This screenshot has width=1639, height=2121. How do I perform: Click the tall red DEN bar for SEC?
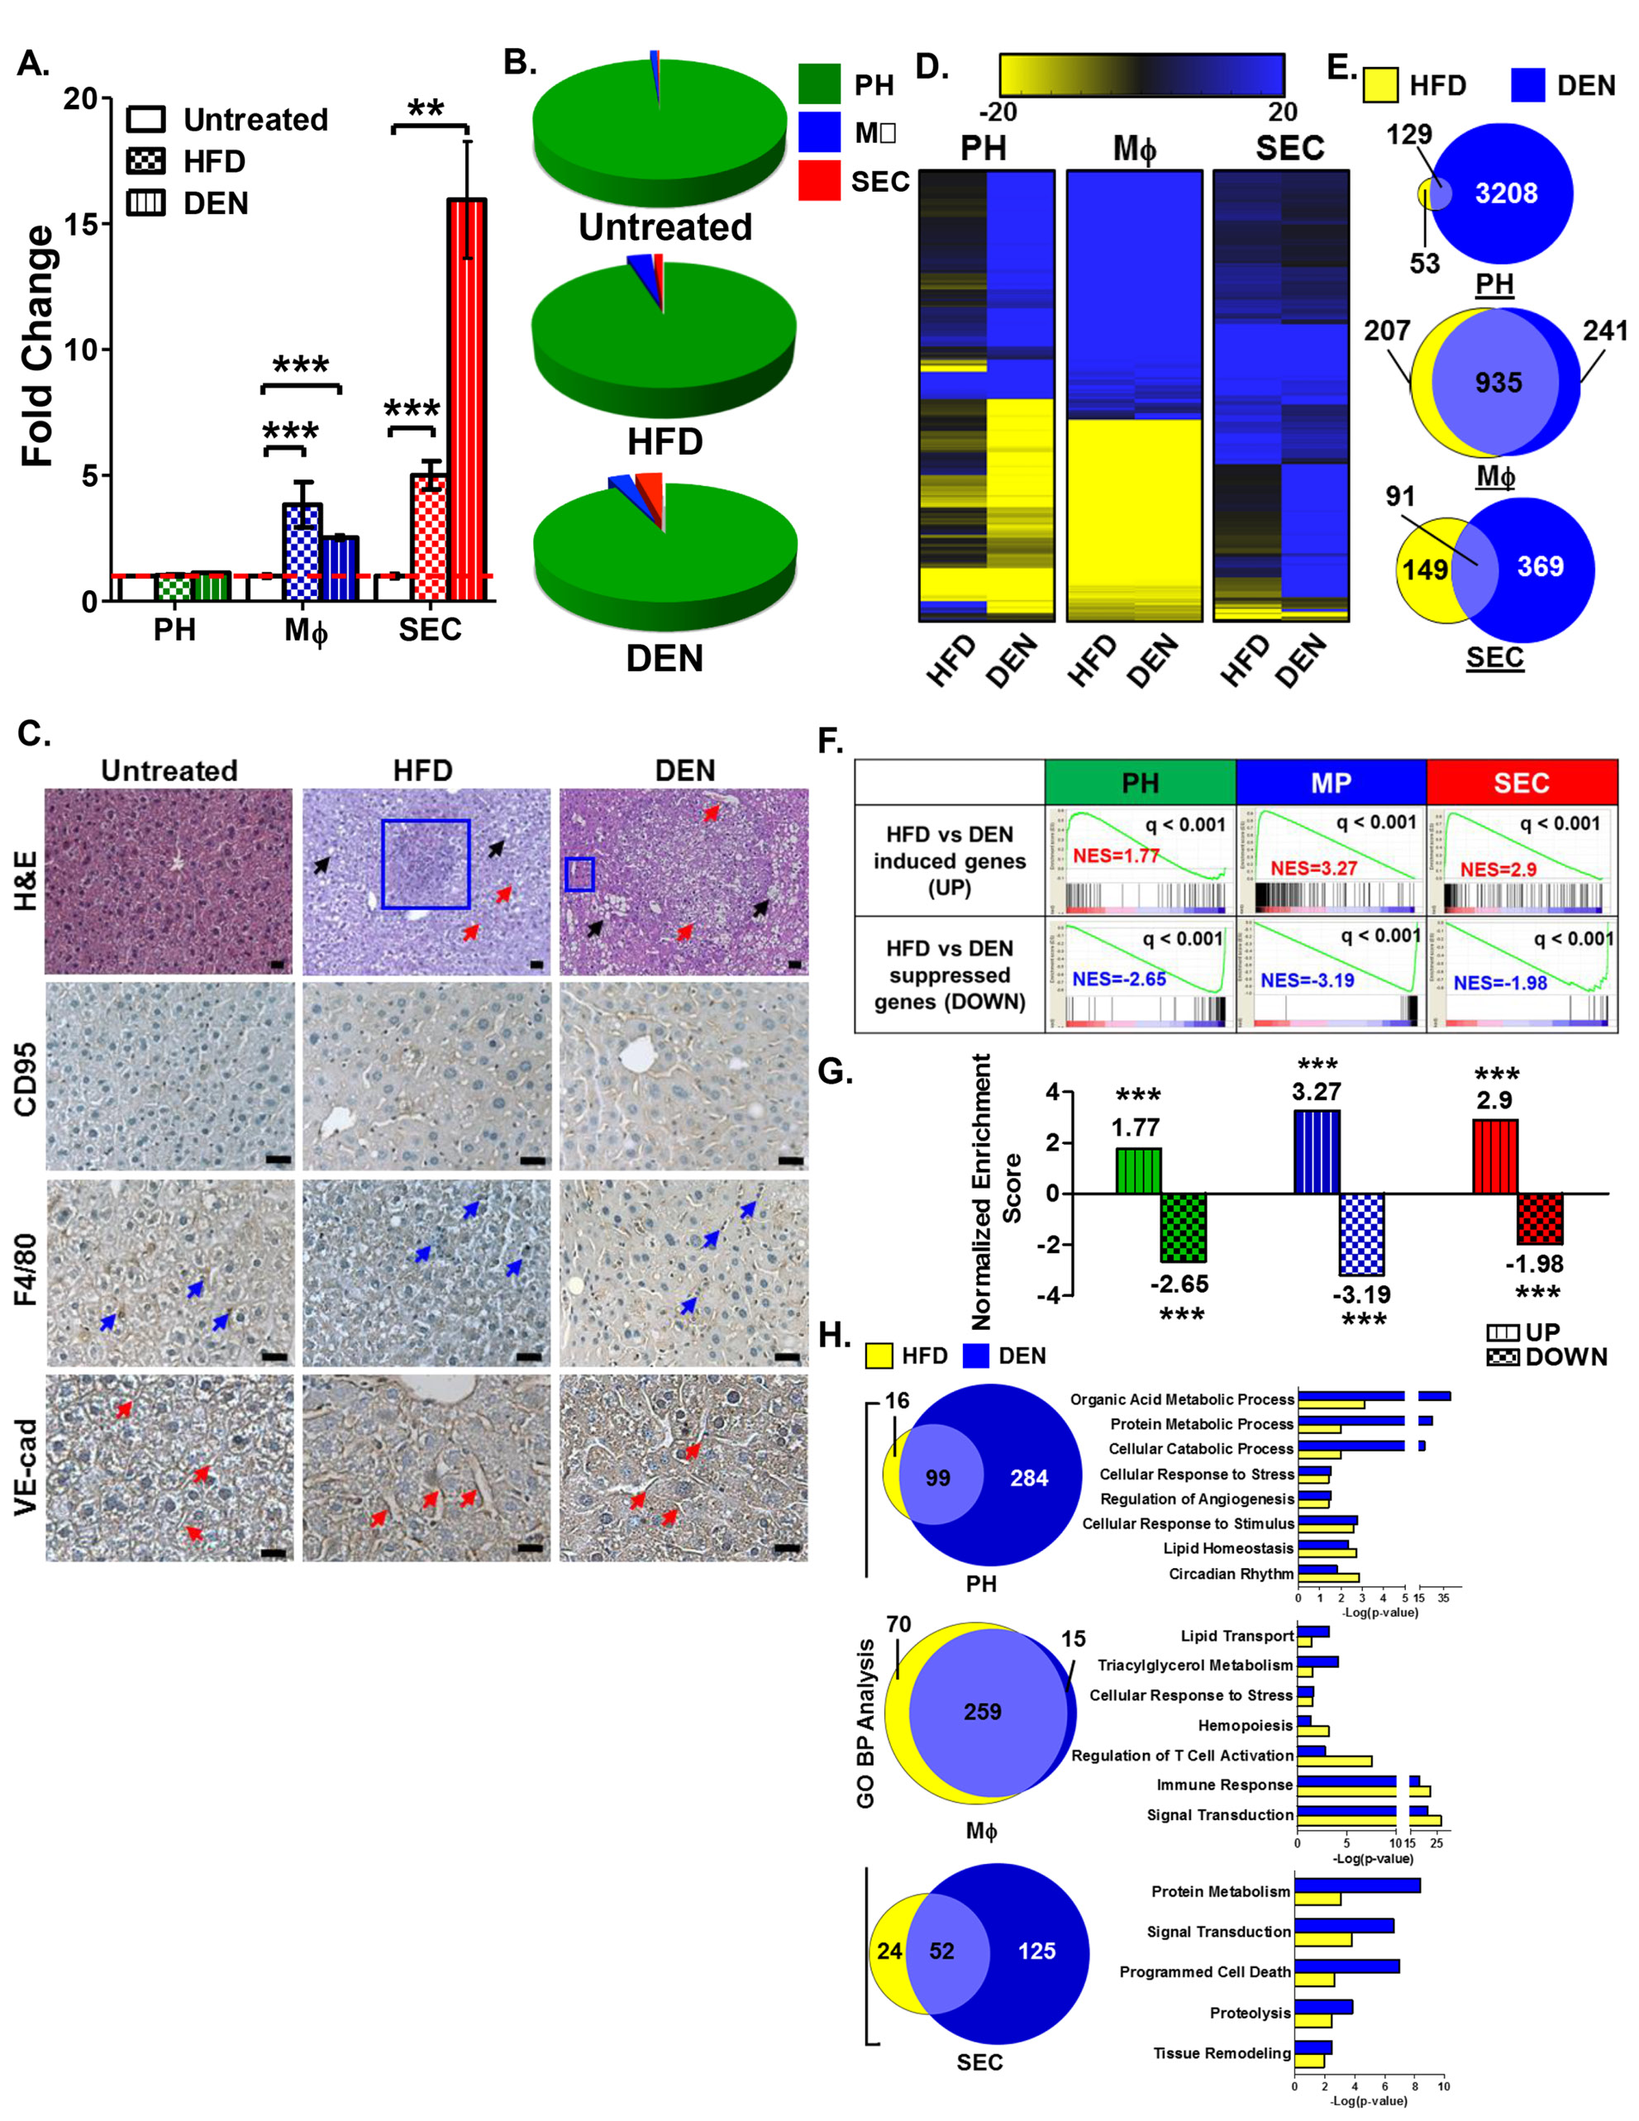[466, 398]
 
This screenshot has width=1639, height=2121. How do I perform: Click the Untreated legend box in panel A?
[145, 120]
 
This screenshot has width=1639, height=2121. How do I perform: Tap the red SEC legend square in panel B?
[818, 181]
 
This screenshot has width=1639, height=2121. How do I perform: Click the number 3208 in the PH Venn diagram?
[1506, 193]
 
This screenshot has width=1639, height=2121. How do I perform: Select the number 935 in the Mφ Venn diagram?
[1498, 383]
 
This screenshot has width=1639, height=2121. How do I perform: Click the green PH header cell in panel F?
[1140, 783]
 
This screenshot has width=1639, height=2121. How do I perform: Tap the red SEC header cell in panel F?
[1522, 783]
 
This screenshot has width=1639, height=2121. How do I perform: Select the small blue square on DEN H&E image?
[579, 874]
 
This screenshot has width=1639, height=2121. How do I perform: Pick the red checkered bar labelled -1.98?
[1540, 1218]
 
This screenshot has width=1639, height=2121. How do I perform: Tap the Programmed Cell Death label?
[1205, 1971]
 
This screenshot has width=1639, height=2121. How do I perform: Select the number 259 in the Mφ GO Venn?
[983, 1712]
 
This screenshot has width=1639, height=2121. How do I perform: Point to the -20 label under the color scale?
[996, 112]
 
